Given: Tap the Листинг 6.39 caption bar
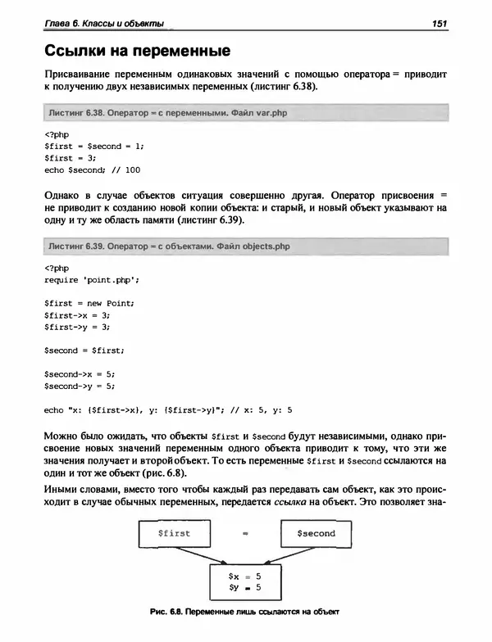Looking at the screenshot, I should (x=246, y=245).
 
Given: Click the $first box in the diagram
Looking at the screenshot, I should (x=174, y=533).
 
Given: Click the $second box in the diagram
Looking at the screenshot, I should (x=315, y=533).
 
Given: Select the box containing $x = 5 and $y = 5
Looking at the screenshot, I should (x=244, y=581).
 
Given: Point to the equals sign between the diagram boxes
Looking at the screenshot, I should (x=244, y=534).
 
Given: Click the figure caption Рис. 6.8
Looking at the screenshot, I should (x=244, y=612).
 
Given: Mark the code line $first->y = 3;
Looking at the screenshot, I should (x=77, y=327).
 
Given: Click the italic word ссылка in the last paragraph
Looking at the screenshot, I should (x=299, y=502).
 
